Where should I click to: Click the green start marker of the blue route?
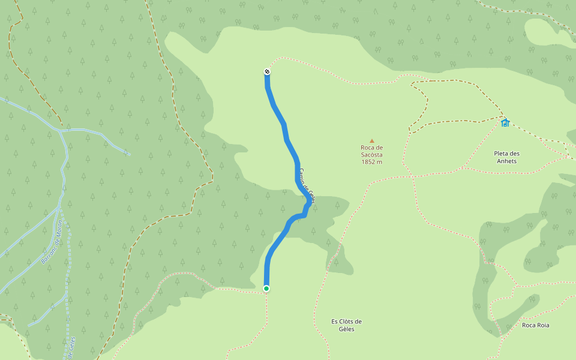266,289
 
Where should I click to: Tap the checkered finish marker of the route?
267,72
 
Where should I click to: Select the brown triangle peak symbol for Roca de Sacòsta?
371,141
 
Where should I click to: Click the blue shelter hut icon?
505,123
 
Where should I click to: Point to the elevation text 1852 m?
371,162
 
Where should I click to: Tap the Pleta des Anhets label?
505,157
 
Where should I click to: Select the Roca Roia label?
535,325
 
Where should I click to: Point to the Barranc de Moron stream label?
52,242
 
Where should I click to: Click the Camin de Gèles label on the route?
307,185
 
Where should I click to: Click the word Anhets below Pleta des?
505,161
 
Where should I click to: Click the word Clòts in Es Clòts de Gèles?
347,321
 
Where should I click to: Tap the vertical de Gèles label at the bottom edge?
71,347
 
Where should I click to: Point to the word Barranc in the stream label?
47,254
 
